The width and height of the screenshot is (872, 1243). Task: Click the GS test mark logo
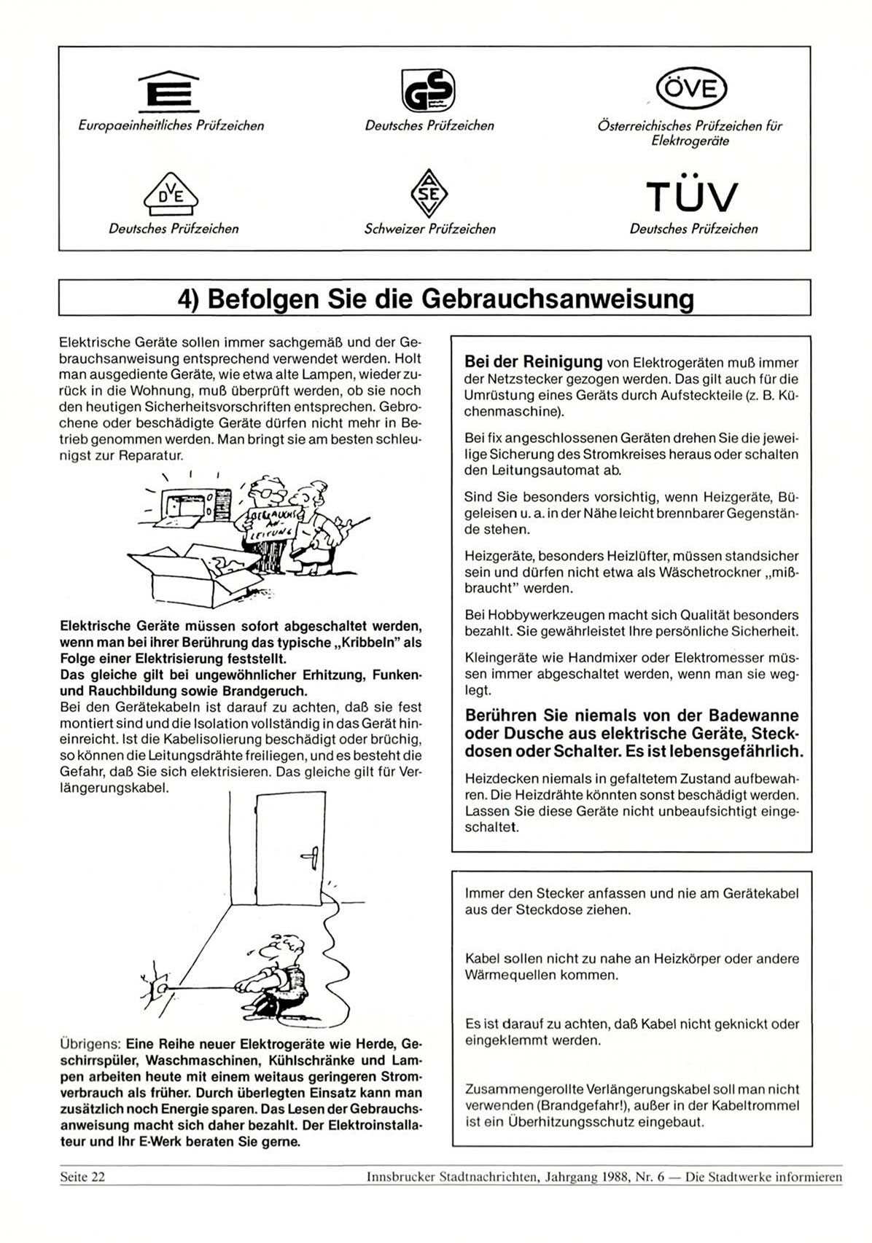coord(429,90)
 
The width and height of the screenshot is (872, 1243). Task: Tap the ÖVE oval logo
coord(692,89)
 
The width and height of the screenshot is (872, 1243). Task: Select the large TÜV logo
coord(692,195)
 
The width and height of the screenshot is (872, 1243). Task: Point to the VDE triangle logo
coord(172,193)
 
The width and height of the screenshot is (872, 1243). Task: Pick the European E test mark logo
coord(168,91)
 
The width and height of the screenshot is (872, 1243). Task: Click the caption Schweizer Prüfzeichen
coord(430,229)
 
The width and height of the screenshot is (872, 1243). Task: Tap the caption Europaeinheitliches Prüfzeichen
coord(171,125)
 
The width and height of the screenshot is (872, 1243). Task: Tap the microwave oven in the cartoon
coord(190,505)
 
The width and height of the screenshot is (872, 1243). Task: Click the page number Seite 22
coord(82,1177)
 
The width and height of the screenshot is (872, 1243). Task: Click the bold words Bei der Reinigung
coord(534,361)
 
